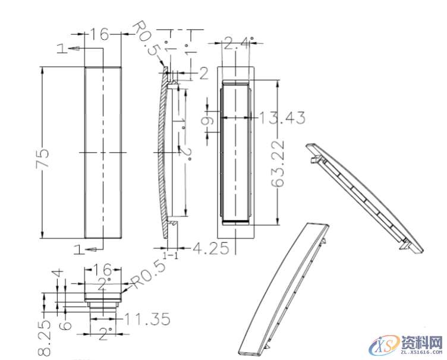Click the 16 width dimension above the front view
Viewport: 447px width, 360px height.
tap(99, 34)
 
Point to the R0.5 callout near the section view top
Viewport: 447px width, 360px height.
tap(146, 39)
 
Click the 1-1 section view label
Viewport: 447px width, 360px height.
tap(171, 254)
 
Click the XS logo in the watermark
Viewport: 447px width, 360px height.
tap(382, 346)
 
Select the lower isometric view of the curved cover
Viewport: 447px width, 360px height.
tap(284, 289)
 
